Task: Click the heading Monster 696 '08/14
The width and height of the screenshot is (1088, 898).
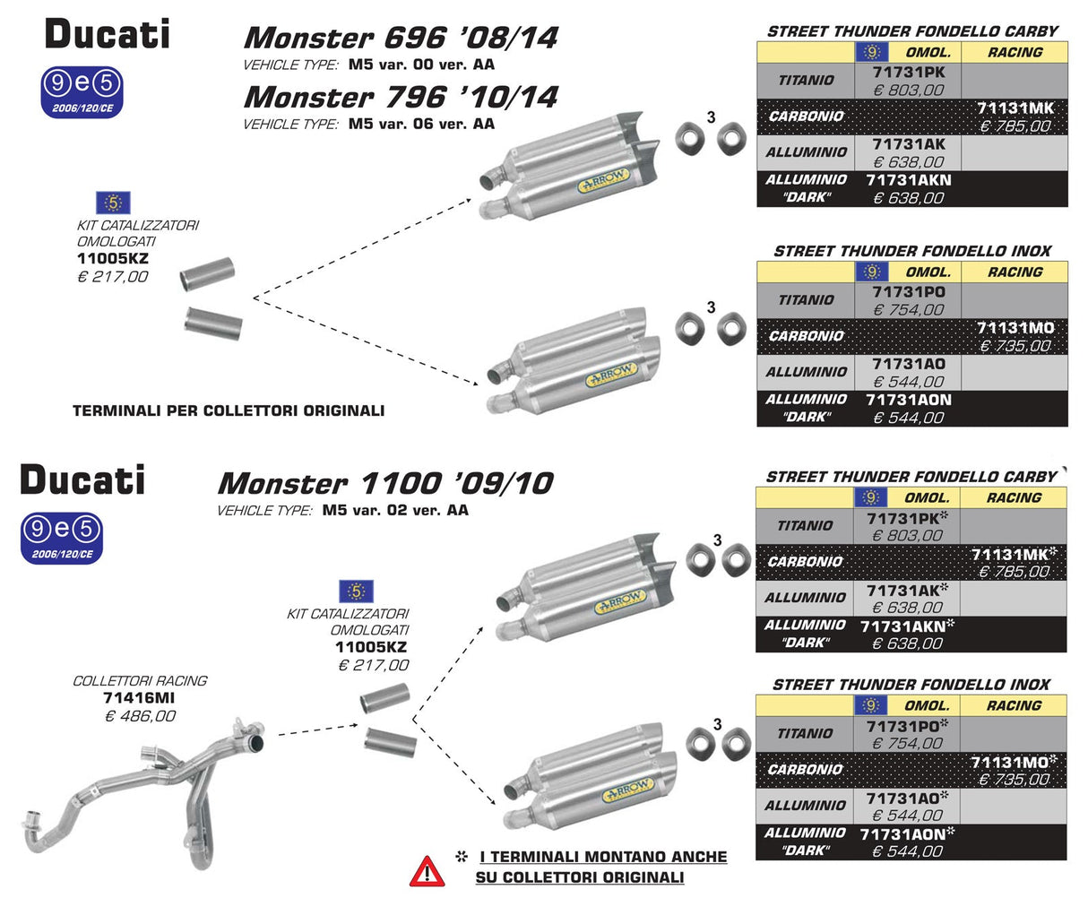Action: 401,38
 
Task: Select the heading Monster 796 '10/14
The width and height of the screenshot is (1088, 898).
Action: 401,97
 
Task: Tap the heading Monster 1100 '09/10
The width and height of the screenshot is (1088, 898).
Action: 384,484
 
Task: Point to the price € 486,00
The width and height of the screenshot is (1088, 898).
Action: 141,716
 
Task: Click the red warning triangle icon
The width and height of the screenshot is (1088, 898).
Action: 427,869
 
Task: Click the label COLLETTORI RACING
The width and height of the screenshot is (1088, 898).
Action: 139,681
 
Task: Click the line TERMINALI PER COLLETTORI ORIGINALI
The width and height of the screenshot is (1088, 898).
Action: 229,411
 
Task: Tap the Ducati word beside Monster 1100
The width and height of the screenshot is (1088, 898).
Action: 82,479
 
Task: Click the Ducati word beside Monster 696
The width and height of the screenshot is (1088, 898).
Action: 107,35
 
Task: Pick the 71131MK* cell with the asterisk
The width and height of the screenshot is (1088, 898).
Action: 1014,555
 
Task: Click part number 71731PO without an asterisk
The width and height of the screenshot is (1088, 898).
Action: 909,292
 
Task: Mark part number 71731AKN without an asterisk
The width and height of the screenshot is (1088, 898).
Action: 909,180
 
